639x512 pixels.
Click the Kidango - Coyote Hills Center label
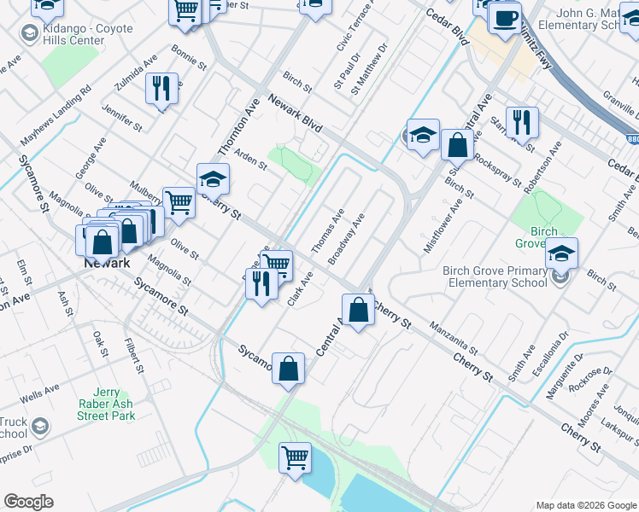[87, 35]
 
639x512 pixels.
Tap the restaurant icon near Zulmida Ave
[161, 87]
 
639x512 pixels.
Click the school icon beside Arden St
[213, 179]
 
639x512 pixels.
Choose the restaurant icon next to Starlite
[520, 123]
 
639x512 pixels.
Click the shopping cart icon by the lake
[296, 457]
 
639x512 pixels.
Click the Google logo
[28, 502]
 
